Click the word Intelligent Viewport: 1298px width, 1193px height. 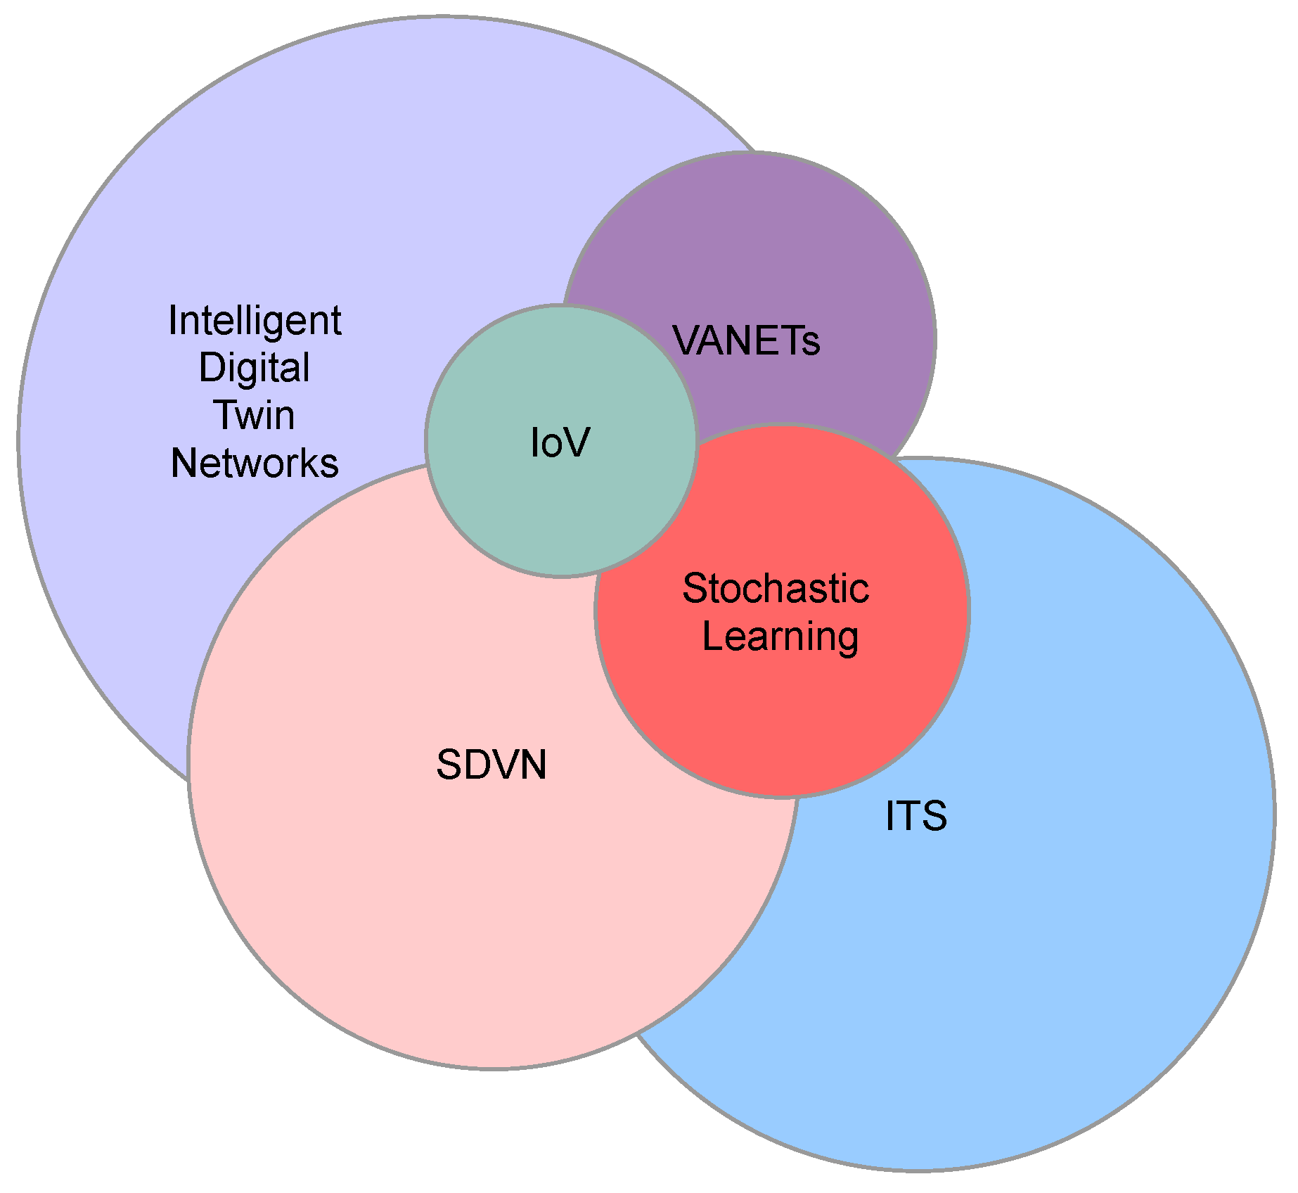(x=255, y=321)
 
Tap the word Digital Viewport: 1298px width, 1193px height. (x=254, y=368)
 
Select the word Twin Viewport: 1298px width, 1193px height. (x=254, y=415)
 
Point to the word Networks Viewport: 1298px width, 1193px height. (x=255, y=463)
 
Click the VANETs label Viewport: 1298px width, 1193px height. (x=746, y=340)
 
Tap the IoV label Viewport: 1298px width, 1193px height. (x=560, y=443)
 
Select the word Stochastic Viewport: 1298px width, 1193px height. (x=776, y=588)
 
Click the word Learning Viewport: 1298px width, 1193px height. (x=780, y=637)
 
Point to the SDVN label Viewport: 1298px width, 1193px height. (x=491, y=765)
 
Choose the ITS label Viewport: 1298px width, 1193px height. (x=916, y=816)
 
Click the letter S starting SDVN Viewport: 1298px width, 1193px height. (x=448, y=765)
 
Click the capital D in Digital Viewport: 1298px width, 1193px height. (x=212, y=367)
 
